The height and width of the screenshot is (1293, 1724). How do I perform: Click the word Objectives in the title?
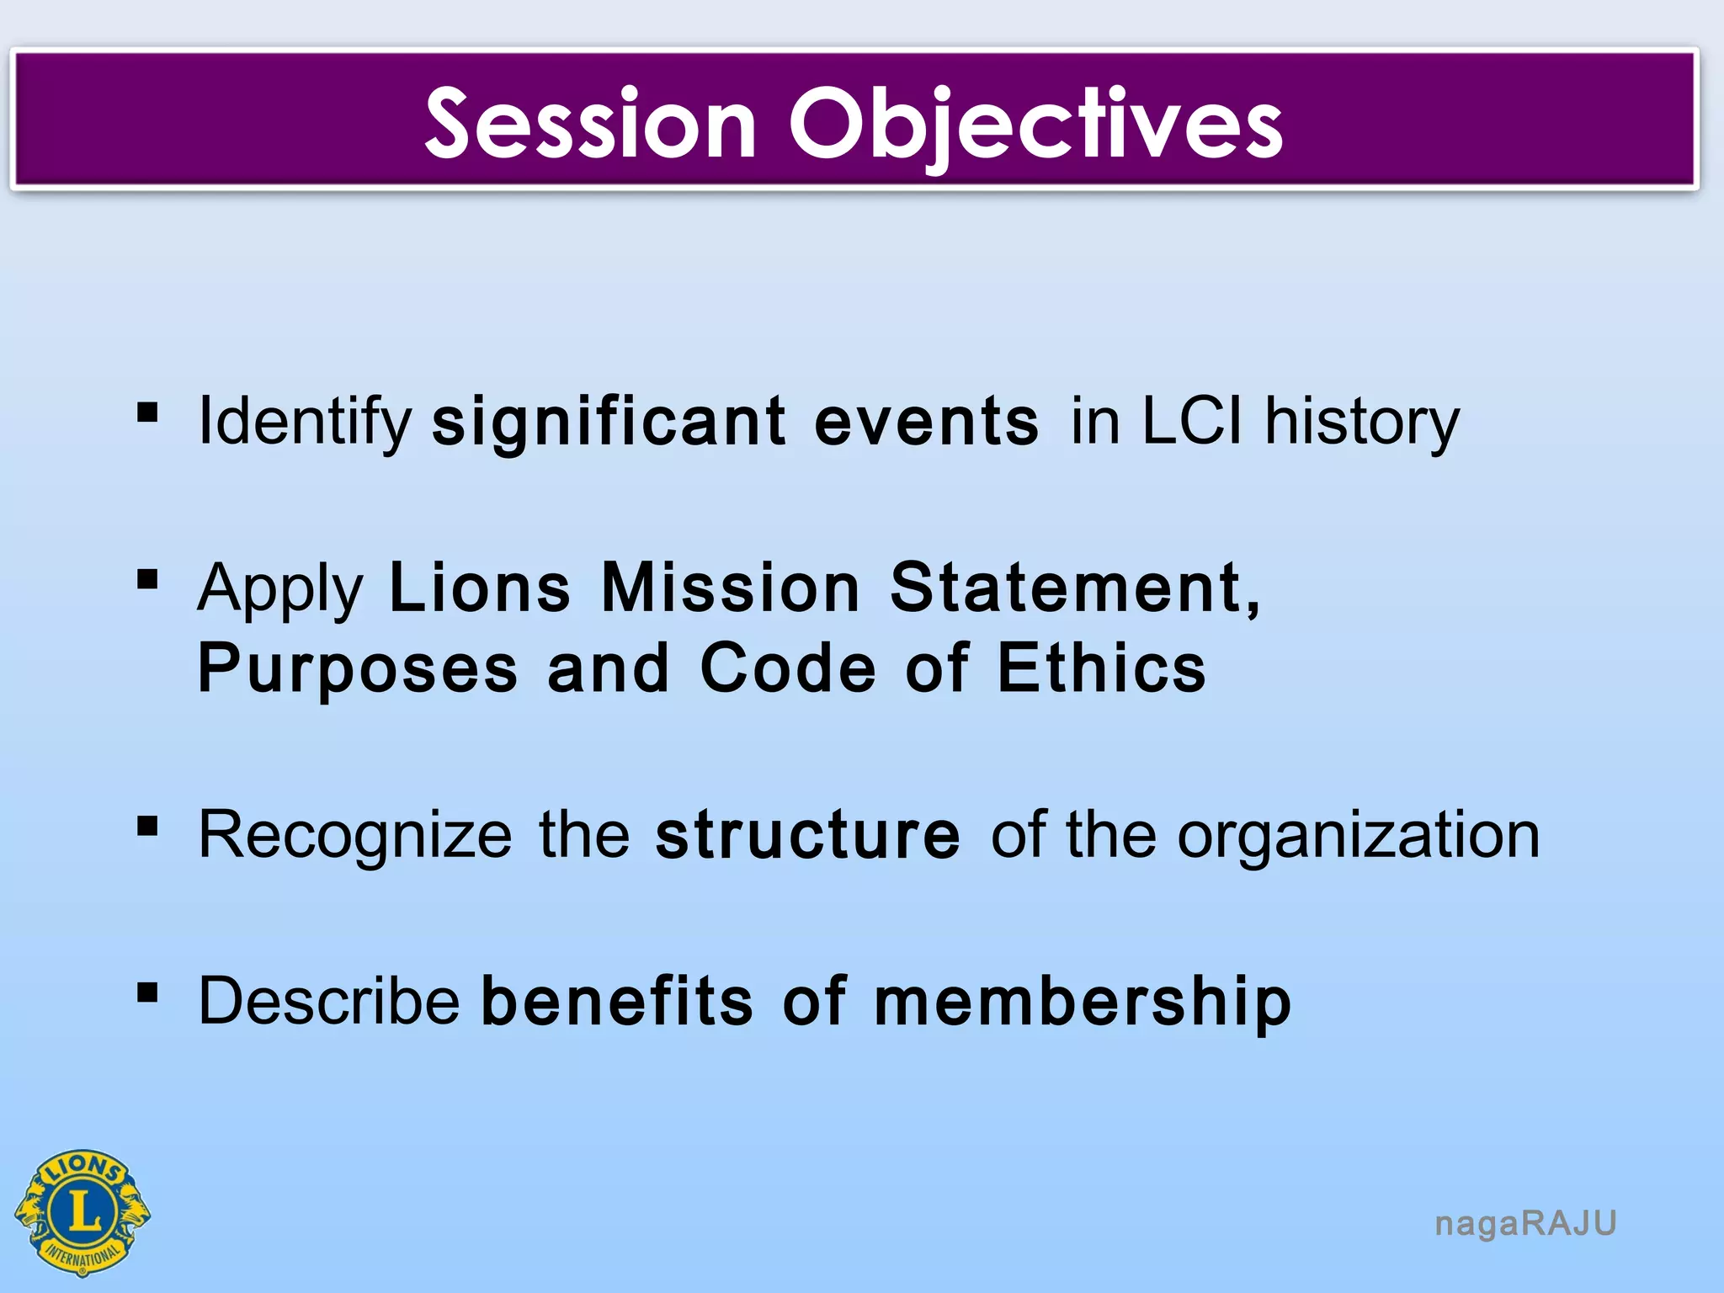[x=1035, y=124]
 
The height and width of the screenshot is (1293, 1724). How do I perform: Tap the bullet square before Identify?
[x=147, y=412]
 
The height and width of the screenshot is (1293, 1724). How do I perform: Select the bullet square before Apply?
[x=147, y=579]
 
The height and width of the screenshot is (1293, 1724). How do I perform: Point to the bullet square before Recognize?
[x=147, y=827]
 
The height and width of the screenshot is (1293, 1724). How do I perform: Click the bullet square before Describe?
[x=147, y=992]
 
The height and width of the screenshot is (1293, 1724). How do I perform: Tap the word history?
[x=1362, y=421]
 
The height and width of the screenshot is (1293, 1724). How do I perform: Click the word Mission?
[x=731, y=587]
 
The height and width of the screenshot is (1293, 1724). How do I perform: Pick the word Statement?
[x=1076, y=587]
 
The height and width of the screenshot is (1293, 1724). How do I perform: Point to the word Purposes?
[x=358, y=668]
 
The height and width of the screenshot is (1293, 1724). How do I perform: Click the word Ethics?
[x=1101, y=667]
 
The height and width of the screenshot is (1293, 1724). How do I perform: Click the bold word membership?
[x=1082, y=1001]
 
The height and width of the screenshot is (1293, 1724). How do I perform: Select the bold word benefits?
[x=617, y=1001]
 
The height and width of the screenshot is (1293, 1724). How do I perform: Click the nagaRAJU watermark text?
[x=1525, y=1223]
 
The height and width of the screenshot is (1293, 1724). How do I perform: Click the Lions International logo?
[x=82, y=1212]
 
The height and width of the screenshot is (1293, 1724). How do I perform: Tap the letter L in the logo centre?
[x=82, y=1212]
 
